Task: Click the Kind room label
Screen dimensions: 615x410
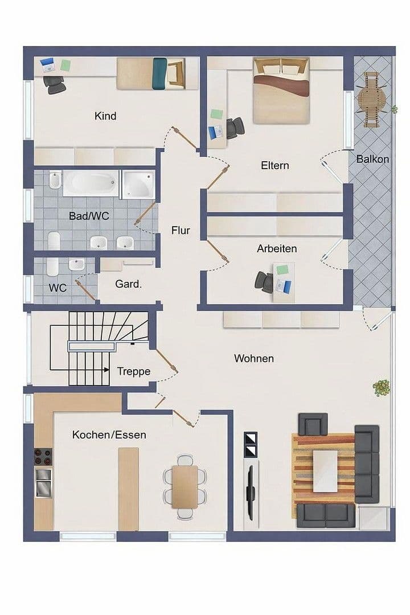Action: coord(105,116)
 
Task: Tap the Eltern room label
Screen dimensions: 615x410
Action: coord(275,166)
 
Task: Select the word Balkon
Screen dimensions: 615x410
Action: coord(372,159)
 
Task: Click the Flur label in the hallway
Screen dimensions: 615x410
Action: coord(181,231)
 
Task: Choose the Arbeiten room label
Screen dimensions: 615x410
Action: coord(277,249)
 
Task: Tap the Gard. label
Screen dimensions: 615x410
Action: coord(128,284)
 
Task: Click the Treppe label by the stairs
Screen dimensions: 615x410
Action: coord(134,372)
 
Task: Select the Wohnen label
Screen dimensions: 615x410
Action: coord(254,359)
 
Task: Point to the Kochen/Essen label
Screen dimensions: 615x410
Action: coord(109,435)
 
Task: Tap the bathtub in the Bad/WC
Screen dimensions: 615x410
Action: coord(91,184)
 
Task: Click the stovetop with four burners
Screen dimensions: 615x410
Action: coord(44,456)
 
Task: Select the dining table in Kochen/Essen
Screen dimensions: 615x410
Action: coord(185,487)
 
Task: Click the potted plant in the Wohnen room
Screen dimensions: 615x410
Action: coord(381,388)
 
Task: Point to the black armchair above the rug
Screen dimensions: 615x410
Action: coord(313,424)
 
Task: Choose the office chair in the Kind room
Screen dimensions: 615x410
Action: coord(55,85)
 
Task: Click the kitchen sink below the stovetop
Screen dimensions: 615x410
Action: coord(44,482)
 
